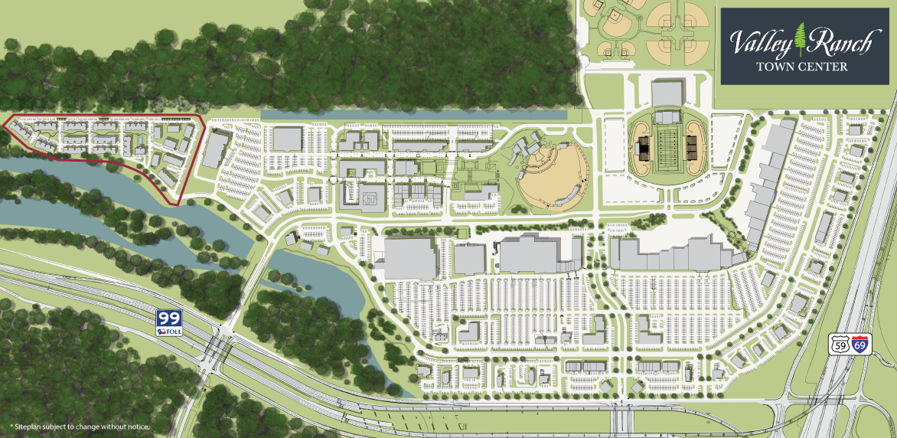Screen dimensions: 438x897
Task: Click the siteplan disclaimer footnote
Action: [x=79, y=426]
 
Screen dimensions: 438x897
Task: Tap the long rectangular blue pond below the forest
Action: [x=413, y=114]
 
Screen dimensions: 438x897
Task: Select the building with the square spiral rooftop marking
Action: [x=370, y=198]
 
